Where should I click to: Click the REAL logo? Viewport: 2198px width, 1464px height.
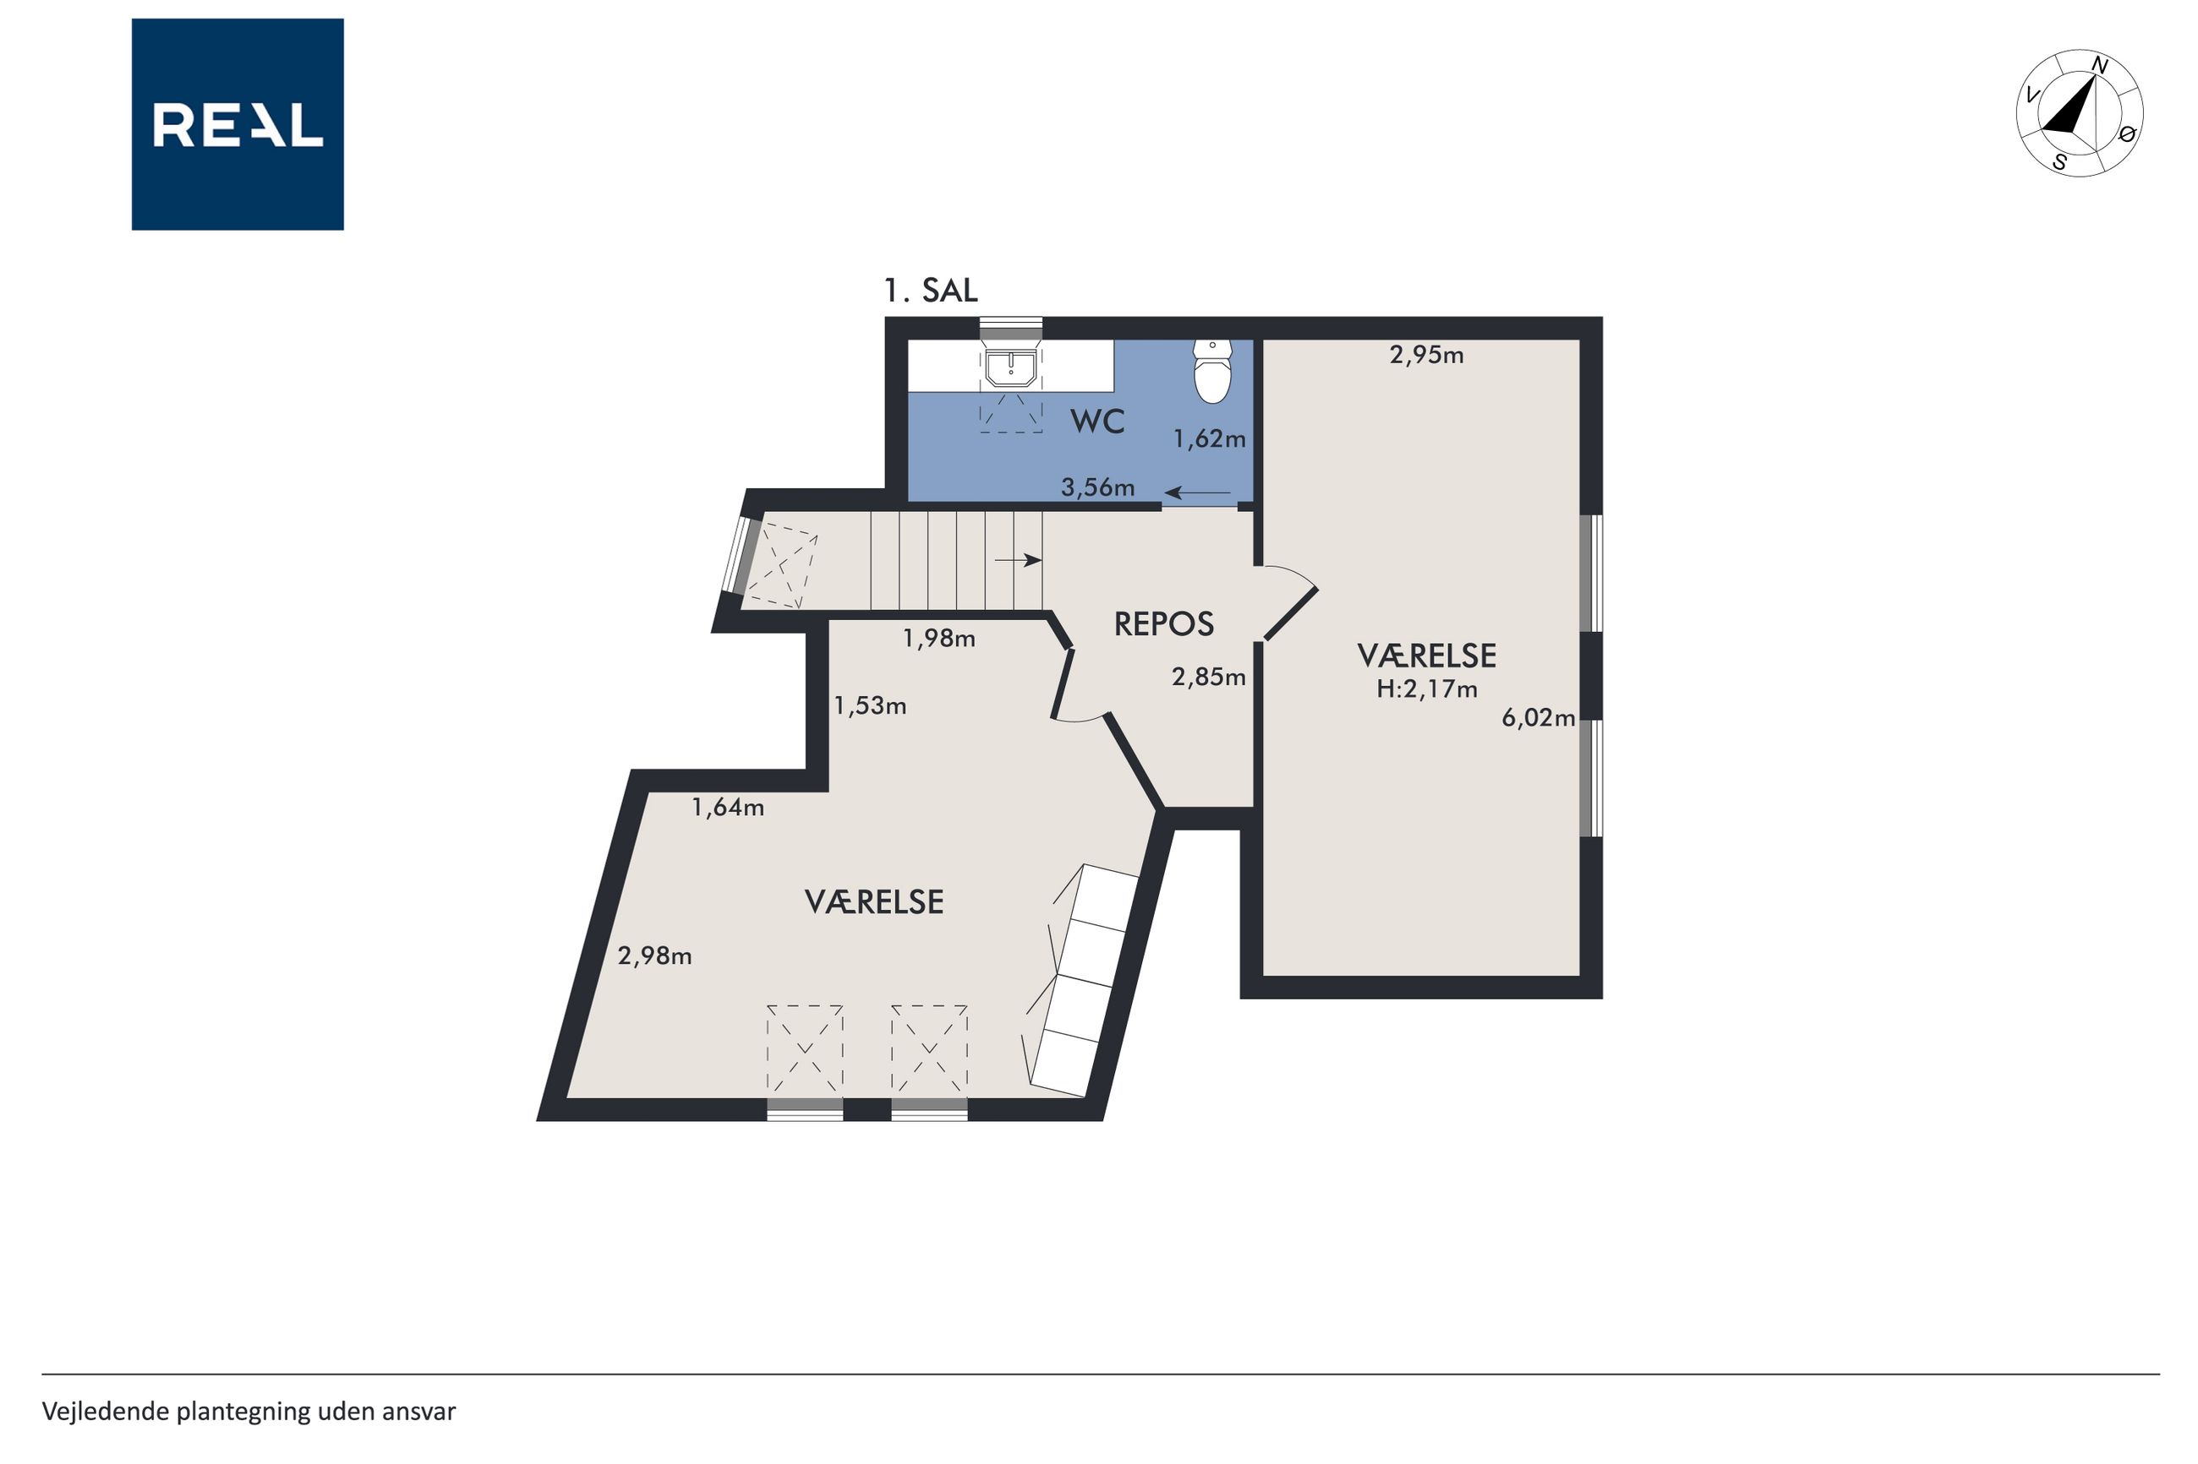(238, 124)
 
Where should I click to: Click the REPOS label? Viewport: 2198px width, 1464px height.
(1164, 623)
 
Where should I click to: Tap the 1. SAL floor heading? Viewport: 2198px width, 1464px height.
(932, 291)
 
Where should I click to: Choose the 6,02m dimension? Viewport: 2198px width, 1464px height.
(1538, 718)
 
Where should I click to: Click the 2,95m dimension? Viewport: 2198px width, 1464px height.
(1426, 355)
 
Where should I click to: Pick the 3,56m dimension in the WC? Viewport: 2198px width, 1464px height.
(1097, 487)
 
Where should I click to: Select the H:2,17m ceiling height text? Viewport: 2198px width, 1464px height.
(1427, 689)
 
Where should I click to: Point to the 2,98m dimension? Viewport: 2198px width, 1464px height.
(655, 955)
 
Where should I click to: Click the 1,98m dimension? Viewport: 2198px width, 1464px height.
(938, 639)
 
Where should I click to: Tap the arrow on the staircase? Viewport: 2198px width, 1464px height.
(1018, 560)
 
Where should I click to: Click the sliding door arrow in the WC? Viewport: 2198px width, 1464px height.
(1198, 493)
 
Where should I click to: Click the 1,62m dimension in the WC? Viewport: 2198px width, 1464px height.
(1210, 438)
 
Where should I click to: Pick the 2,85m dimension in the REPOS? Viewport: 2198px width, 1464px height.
(1209, 677)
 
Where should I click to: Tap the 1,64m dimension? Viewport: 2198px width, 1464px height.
(728, 808)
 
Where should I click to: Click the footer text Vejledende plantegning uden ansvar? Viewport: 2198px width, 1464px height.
(249, 1411)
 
